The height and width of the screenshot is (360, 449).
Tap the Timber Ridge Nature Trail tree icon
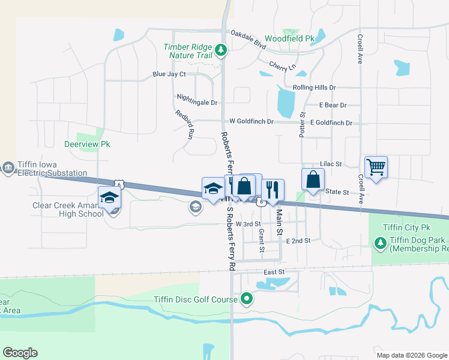(221, 50)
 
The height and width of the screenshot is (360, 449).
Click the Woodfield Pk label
(289, 38)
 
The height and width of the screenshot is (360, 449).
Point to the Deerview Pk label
(87, 145)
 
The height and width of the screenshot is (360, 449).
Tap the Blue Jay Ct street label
(169, 74)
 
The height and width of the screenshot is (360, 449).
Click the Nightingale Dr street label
(197, 102)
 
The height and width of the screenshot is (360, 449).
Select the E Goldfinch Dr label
(331, 122)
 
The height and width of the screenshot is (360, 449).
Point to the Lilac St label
(331, 163)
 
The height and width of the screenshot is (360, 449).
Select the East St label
(274, 272)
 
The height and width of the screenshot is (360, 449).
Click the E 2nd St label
(298, 240)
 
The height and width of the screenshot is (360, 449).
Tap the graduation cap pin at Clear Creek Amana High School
(110, 197)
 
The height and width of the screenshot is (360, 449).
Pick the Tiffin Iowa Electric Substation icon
(8, 167)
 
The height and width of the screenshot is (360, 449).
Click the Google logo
(20, 352)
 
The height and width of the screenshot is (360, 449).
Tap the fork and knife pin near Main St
(273, 190)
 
